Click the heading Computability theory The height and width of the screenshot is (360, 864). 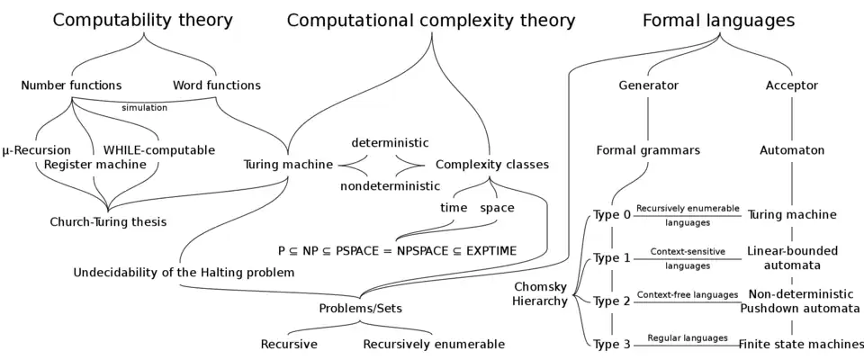pyautogui.click(x=142, y=20)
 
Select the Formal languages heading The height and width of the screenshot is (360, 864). pyautogui.click(x=717, y=20)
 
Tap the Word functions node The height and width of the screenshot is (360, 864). pyautogui.click(x=220, y=85)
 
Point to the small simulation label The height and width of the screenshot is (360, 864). pyautogui.click(x=145, y=108)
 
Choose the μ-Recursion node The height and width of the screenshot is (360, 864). pyautogui.click(x=37, y=149)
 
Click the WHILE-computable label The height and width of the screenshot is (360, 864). pyautogui.click(x=159, y=149)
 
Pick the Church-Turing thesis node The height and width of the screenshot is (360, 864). pyautogui.click(x=108, y=221)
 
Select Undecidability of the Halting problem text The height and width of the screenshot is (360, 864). pyautogui.click(x=184, y=272)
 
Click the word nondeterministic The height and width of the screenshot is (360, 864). pyautogui.click(x=390, y=186)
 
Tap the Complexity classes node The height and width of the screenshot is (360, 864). pyautogui.click(x=491, y=165)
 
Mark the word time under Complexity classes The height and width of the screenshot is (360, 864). pyautogui.click(x=454, y=208)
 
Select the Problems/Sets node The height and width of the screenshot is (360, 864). pyautogui.click(x=360, y=309)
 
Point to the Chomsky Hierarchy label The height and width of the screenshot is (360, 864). pyautogui.click(x=539, y=293)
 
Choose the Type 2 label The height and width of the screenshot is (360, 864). pyautogui.click(x=612, y=301)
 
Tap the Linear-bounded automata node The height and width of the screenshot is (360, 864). pyautogui.click(x=792, y=257)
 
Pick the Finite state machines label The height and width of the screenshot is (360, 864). pyautogui.click(x=801, y=344)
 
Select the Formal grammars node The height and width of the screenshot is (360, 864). pyautogui.click(x=648, y=150)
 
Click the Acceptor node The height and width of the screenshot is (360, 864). pyautogui.click(x=791, y=85)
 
